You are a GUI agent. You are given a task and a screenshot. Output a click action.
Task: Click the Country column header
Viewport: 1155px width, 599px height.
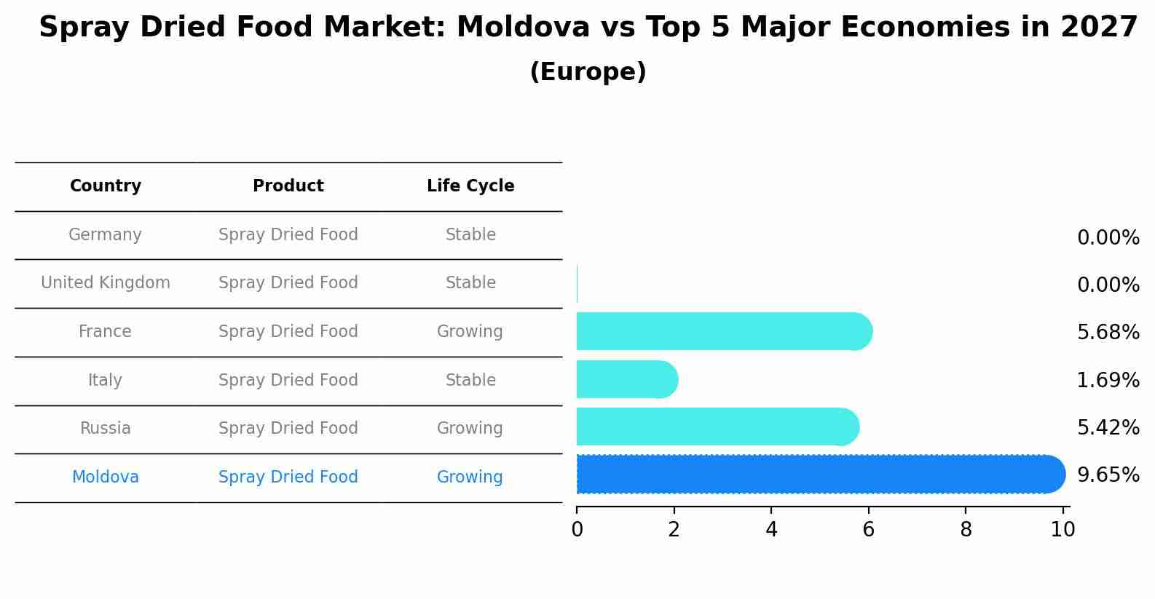click(106, 186)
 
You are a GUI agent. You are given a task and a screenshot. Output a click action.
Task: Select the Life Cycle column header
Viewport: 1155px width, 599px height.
click(470, 186)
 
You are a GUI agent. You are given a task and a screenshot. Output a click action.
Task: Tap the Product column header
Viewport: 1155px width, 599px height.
click(288, 186)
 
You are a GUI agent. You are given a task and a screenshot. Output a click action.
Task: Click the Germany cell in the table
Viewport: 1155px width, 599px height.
click(105, 235)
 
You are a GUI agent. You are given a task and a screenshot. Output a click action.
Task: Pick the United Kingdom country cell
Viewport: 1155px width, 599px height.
click(106, 283)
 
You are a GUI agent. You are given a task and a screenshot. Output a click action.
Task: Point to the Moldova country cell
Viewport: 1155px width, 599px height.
click(106, 477)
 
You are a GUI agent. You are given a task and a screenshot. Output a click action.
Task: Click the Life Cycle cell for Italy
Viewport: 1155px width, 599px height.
click(470, 381)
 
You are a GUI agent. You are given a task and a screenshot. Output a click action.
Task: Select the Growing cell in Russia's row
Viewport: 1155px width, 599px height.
click(470, 429)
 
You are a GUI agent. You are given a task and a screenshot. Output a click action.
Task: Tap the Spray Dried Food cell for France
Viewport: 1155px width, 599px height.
click(288, 332)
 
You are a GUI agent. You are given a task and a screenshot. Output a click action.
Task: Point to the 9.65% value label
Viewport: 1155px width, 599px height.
click(1108, 475)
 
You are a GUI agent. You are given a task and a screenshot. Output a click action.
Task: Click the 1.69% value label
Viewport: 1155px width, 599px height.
click(1108, 381)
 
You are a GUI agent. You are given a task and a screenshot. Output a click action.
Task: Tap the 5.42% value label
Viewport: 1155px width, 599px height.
click(1108, 428)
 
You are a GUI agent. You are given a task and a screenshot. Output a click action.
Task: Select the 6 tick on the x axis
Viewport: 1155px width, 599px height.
click(868, 530)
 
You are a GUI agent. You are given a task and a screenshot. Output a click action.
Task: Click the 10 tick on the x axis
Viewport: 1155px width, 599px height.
click(1063, 530)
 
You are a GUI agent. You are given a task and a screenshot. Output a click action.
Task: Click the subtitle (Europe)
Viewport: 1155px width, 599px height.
click(588, 72)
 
